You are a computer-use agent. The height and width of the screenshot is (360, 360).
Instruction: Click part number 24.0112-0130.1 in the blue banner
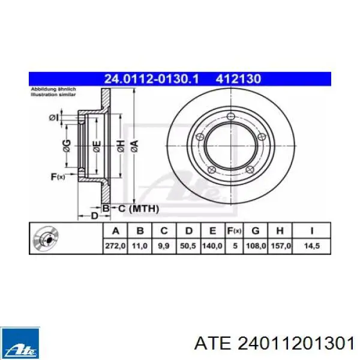pos(151,79)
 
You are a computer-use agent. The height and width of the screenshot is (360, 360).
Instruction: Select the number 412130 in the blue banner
pos(238,79)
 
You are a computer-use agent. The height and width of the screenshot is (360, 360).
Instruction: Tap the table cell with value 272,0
pos(115,246)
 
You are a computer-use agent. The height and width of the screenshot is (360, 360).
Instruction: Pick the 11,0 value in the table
pos(140,246)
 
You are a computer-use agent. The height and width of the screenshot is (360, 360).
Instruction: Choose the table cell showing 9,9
pos(164,246)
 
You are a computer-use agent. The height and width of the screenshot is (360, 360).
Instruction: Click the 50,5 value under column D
pos(188,246)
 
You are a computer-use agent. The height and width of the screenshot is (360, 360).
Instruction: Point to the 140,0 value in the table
pos(212,246)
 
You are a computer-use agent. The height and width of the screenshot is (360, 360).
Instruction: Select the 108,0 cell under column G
pos(256,246)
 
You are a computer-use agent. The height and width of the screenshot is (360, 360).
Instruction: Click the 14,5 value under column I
pos(312,246)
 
